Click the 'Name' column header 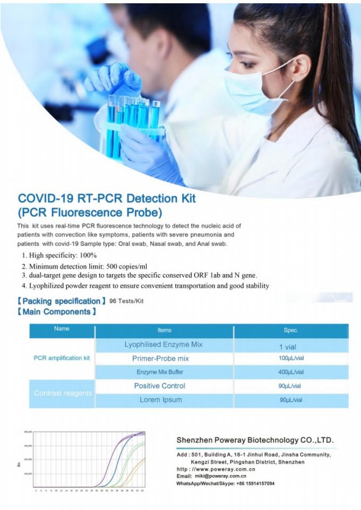pyautogui.click(x=62, y=329)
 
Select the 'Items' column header pyautogui.click(x=164, y=330)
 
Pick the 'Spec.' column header pyautogui.click(x=291, y=330)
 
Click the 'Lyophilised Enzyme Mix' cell pyautogui.click(x=164, y=345)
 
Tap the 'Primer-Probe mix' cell pyautogui.click(x=160, y=358)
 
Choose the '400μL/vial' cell pyautogui.click(x=291, y=372)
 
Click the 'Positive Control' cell pyautogui.click(x=159, y=386)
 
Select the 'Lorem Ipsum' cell pyautogui.click(x=160, y=400)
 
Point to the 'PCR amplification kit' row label pyautogui.click(x=62, y=358)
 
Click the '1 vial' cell pyautogui.click(x=291, y=346)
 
